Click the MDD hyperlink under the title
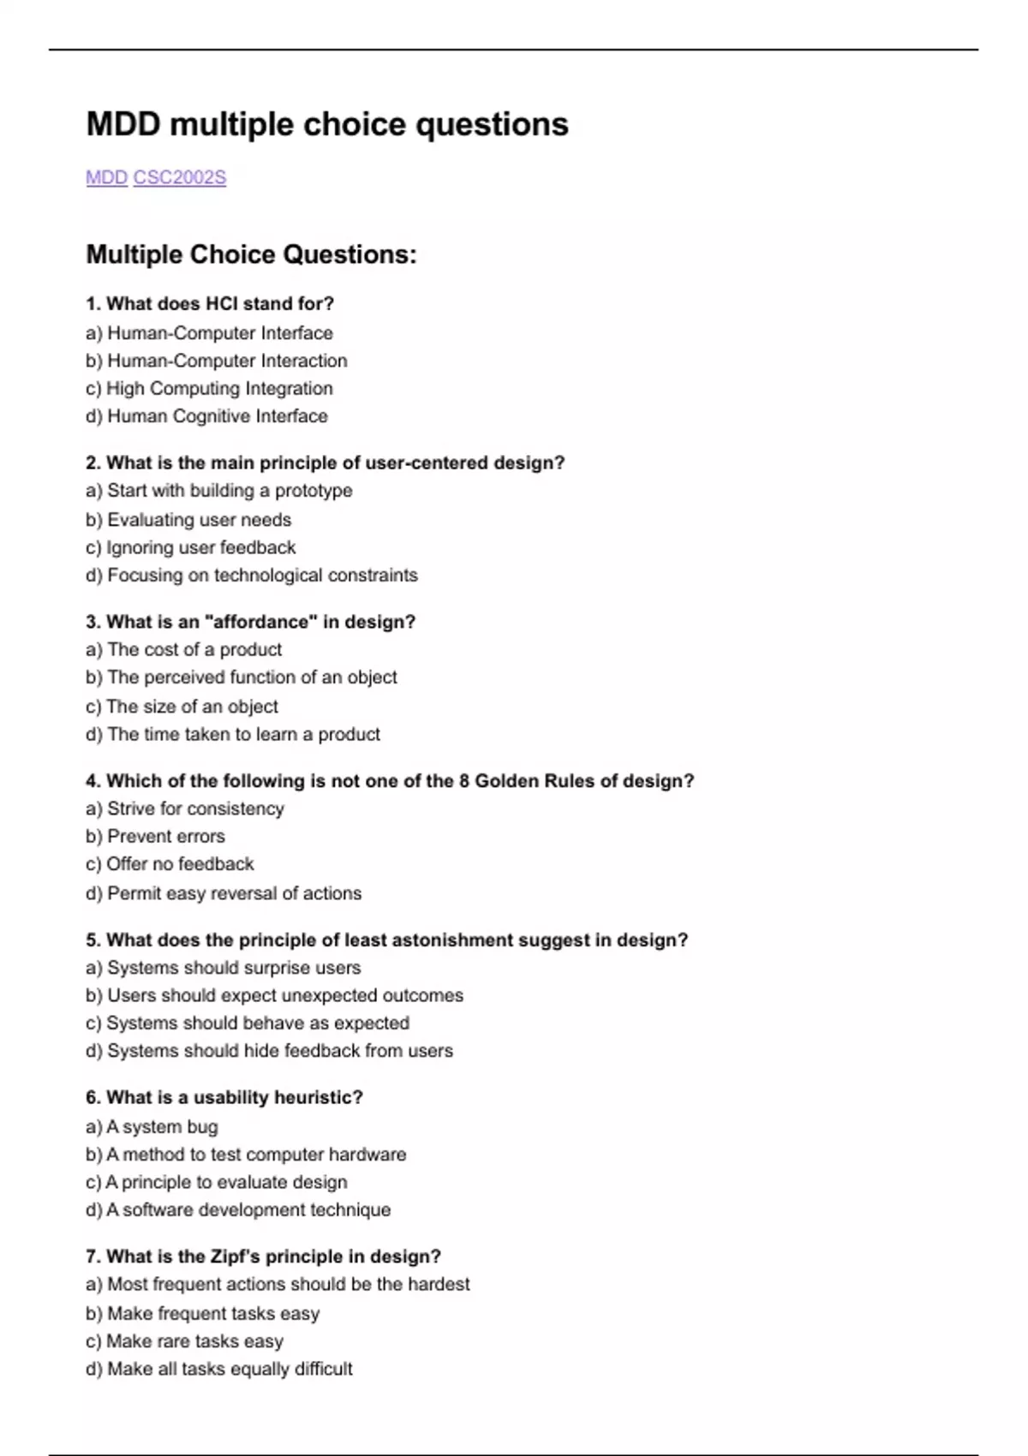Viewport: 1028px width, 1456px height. tap(106, 177)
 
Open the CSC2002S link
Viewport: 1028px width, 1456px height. tap(180, 177)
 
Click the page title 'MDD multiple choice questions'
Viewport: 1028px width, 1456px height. tap(327, 124)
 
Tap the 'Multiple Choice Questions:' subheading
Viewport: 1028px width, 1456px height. tap(251, 254)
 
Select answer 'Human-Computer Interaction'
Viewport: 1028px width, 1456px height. tap(217, 361)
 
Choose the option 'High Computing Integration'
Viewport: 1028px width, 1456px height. tap(210, 388)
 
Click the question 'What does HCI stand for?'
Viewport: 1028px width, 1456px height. tap(210, 303)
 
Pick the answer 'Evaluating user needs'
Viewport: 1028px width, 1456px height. tap(188, 520)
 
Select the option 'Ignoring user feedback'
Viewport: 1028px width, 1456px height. tap(191, 547)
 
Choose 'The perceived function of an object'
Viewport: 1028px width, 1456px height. tap(242, 677)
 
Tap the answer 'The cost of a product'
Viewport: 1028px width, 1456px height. tap(184, 649)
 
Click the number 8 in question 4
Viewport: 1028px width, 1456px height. tap(463, 781)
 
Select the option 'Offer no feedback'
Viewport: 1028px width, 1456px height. tap(170, 864)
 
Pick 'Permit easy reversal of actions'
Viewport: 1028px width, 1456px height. tap(224, 893)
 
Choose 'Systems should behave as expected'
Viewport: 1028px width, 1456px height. tap(248, 1023)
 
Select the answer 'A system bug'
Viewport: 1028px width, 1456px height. tap(152, 1127)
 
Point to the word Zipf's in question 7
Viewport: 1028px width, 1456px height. tap(235, 1256)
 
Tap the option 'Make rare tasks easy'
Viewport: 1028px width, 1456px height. tap(185, 1341)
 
